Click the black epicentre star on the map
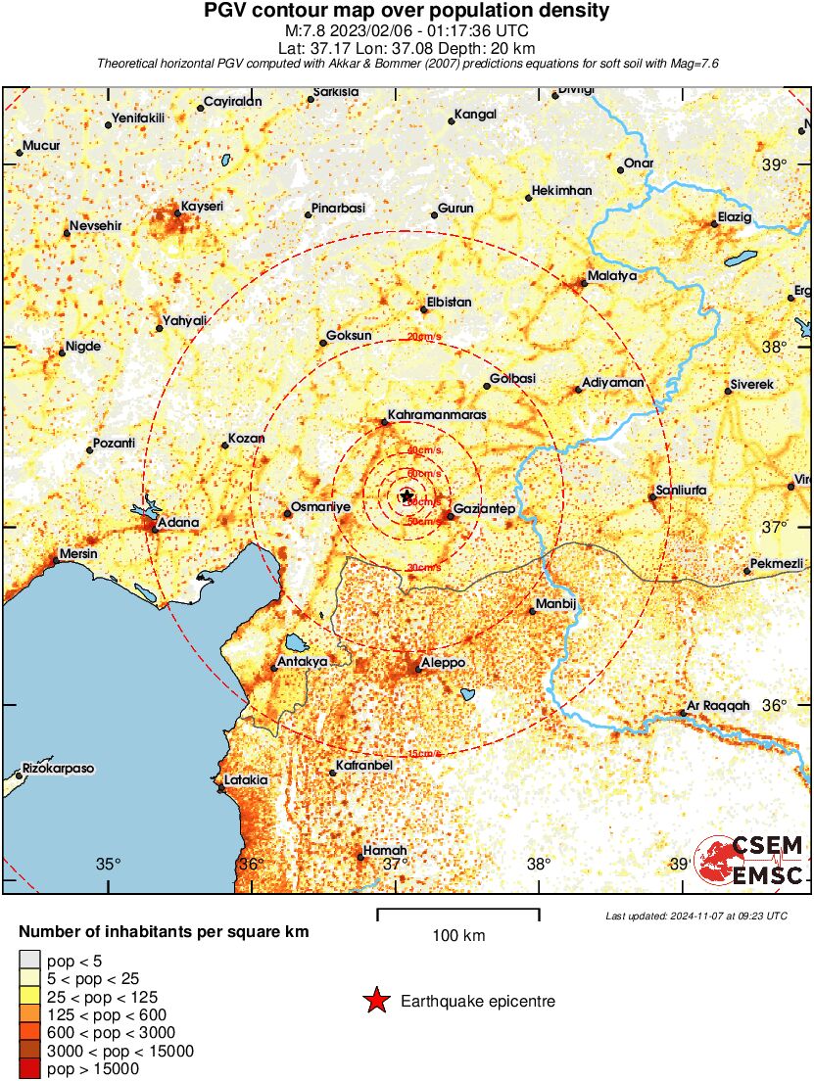[407, 495]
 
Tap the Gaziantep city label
[485, 508]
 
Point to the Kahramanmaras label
[437, 415]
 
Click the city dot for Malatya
[584, 284]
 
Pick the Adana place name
[178, 523]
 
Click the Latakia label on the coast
[246, 780]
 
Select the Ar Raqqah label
[718, 705]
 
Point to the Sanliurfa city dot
[652, 497]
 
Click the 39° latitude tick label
[775, 164]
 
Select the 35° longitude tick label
[108, 864]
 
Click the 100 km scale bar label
[458, 936]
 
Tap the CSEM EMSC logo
[750, 861]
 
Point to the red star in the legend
[375, 1001]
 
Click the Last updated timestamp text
[696, 916]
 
